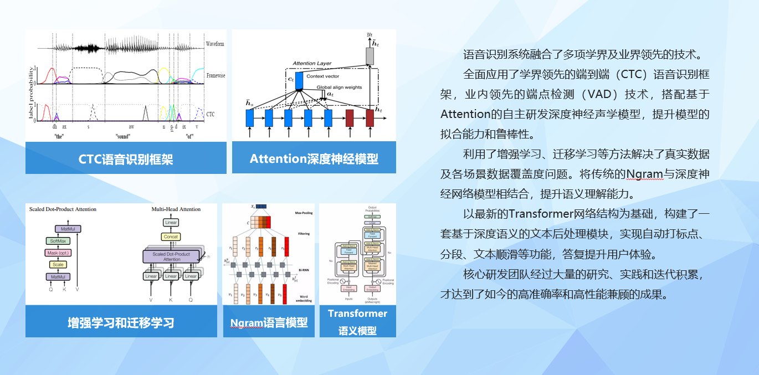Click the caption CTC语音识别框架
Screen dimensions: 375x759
point(126,159)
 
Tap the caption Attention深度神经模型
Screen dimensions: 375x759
point(314,159)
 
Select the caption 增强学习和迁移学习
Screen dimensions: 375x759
point(121,322)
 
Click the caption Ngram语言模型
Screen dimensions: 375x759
point(269,322)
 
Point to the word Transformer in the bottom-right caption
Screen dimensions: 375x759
point(357,314)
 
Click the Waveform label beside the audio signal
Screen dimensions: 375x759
point(215,44)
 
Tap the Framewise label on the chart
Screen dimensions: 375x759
point(216,75)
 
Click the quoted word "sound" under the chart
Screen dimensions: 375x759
point(123,136)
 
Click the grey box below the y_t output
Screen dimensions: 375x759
point(370,55)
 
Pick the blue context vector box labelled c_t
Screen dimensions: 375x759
point(299,81)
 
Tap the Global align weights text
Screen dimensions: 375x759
point(340,88)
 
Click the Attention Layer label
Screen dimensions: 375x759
point(312,63)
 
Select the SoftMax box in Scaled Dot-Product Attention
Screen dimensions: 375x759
point(58,241)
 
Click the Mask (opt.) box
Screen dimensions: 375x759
point(58,253)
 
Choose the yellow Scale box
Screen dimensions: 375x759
point(58,265)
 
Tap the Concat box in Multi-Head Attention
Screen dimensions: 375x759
point(171,237)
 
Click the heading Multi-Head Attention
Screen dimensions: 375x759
point(176,209)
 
